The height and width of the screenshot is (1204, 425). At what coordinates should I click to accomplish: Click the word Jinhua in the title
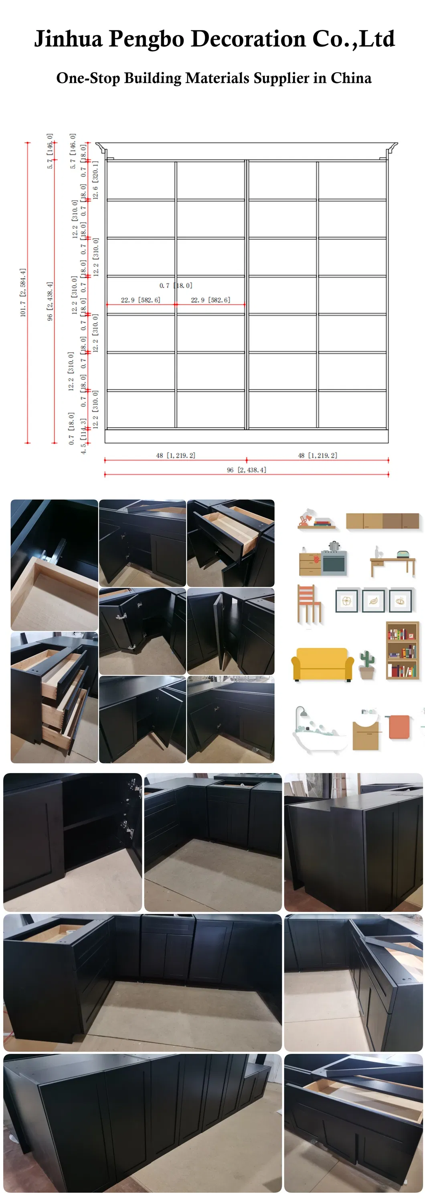68,39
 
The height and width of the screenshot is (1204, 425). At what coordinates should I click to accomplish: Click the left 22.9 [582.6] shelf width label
140,300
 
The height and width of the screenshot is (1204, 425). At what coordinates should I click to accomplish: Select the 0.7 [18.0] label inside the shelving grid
176,285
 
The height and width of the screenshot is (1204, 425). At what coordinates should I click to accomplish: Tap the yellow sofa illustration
322,663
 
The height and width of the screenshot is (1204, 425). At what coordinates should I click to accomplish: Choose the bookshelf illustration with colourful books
402,650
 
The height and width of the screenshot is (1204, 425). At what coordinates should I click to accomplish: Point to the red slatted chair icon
309,603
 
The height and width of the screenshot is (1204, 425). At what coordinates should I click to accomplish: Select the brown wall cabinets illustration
382,521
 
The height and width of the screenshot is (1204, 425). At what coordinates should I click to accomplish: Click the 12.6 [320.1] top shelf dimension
95,180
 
